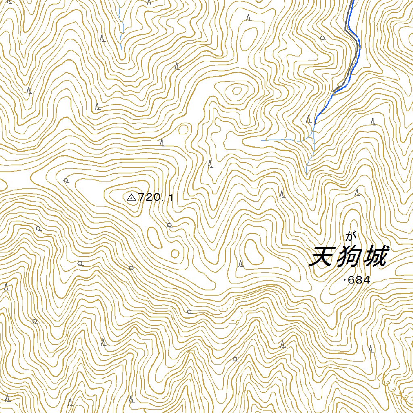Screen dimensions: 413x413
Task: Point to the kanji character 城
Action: point(375,257)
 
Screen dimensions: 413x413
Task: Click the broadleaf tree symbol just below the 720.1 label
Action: point(169,225)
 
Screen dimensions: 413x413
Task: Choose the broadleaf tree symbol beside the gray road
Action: point(323,38)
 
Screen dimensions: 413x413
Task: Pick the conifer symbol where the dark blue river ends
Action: point(309,119)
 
